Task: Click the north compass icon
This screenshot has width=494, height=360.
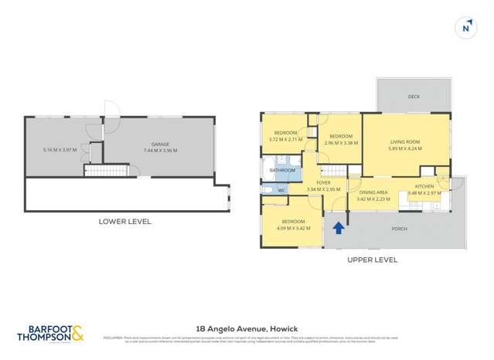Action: (466, 29)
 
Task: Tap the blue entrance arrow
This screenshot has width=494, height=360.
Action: (338, 228)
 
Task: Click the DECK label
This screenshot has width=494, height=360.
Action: (414, 97)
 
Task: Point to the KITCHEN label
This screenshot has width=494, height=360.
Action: (425, 186)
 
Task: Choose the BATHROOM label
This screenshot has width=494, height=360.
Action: (281, 170)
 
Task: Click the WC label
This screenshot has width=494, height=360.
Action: (281, 190)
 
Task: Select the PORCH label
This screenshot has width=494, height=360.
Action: (400, 229)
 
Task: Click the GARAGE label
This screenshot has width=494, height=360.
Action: (160, 144)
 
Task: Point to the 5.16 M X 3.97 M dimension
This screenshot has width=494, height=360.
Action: (60, 150)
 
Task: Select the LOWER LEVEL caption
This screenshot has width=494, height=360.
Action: (124, 222)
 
